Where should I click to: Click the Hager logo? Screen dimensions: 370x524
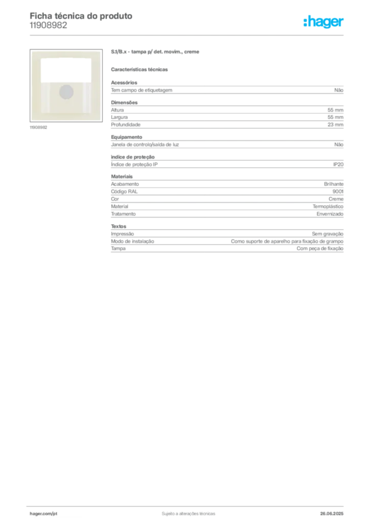323,21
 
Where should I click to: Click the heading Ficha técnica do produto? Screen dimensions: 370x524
81,16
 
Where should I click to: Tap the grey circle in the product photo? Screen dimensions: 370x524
66,92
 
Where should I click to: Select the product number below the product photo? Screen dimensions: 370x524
38,127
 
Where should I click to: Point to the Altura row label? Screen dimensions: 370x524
118,110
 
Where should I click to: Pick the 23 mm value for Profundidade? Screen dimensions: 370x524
335,125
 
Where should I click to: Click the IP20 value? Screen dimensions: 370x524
338,164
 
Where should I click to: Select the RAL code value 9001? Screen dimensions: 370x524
338,191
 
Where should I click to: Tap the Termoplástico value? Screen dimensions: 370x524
328,207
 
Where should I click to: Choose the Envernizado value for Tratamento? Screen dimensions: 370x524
330,214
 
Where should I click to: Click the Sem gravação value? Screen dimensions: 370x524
328,234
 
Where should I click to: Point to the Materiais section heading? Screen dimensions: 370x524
122,177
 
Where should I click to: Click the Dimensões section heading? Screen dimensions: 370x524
124,102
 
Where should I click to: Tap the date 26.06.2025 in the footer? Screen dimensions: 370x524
332,514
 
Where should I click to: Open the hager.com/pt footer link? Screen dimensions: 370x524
43,514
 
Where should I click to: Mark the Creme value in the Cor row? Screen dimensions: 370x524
336,199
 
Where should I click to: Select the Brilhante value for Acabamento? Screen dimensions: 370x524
334,184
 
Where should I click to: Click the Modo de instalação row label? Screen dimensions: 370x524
132,242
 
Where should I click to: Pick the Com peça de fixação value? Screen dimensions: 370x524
320,249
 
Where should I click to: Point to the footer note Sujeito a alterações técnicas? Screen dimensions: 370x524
189,514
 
